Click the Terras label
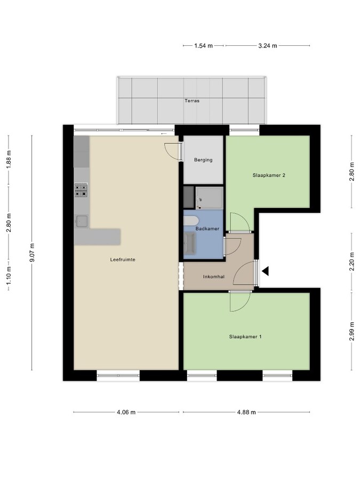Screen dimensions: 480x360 (x=191, y=100)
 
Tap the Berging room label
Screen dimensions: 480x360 (x=203, y=159)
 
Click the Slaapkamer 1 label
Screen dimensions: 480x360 (x=245, y=337)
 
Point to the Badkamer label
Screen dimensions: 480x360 (x=207, y=228)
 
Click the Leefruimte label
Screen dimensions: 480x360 (x=123, y=260)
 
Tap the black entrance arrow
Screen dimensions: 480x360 (x=265, y=271)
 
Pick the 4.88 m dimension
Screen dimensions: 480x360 (x=246, y=412)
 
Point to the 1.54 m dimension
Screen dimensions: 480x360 (x=203, y=46)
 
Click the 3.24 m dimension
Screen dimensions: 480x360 (x=267, y=46)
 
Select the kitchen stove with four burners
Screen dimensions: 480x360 (x=81, y=190)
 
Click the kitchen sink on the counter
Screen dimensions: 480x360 (x=82, y=220)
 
